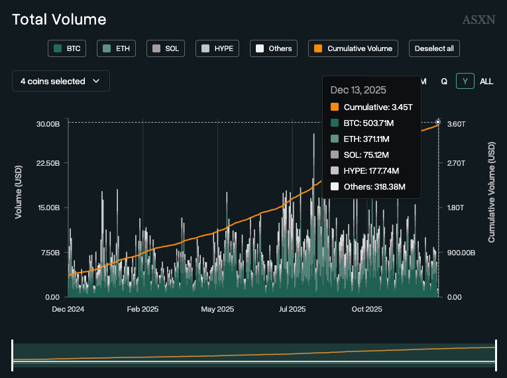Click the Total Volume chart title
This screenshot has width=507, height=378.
pos(59,20)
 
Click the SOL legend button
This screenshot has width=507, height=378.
pos(165,48)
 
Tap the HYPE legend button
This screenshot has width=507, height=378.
pos(217,48)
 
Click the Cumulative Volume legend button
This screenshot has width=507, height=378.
pos(354,48)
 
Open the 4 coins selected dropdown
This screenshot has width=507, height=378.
pos(60,81)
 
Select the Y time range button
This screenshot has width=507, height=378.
pos(465,81)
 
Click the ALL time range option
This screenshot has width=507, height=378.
pos(486,81)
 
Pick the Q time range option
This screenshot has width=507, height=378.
pos(444,81)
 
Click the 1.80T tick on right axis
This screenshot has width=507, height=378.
pos(456,208)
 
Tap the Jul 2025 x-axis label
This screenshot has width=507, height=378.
pos(292,309)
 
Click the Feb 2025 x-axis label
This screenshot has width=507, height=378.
pos(142,309)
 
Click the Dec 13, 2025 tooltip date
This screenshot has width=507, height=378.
pos(358,90)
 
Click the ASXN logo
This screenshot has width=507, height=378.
pos(479,20)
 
